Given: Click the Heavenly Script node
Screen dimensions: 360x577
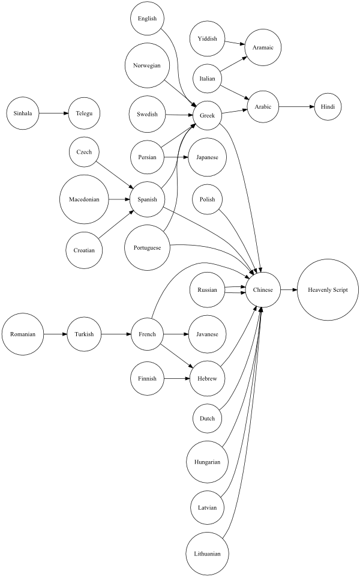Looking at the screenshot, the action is (x=328, y=290).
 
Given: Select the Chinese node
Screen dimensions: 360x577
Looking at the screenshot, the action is (x=263, y=290).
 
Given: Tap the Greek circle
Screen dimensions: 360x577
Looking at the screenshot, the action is (x=208, y=115).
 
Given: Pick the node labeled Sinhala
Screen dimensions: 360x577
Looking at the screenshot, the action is (x=23, y=113).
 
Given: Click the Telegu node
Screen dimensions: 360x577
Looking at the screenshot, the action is (x=84, y=113).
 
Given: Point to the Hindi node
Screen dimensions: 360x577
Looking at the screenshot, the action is (x=328, y=107).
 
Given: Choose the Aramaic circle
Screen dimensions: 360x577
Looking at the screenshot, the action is (x=263, y=47).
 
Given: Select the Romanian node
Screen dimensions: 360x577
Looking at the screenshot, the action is (x=23, y=334).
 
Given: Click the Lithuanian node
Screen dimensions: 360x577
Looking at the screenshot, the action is (x=208, y=554).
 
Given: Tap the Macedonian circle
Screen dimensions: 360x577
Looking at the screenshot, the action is (x=84, y=199).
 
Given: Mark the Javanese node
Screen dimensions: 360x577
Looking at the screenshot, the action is (x=208, y=334).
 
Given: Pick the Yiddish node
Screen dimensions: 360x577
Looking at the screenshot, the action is (x=208, y=38).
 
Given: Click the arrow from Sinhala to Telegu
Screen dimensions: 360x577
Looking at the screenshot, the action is (x=53, y=113).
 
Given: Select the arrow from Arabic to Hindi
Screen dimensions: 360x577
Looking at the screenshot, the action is (x=296, y=107).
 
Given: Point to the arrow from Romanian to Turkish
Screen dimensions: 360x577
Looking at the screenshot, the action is (x=56, y=334).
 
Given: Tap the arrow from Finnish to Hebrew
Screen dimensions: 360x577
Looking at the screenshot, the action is (x=176, y=378).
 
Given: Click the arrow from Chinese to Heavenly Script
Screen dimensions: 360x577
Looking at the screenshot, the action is (x=289, y=290).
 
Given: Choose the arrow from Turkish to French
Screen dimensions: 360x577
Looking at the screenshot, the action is (x=116, y=334).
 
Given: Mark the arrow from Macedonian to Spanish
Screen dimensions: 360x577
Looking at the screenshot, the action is (x=119, y=199).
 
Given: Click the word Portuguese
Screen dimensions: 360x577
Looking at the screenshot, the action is (x=147, y=247).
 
